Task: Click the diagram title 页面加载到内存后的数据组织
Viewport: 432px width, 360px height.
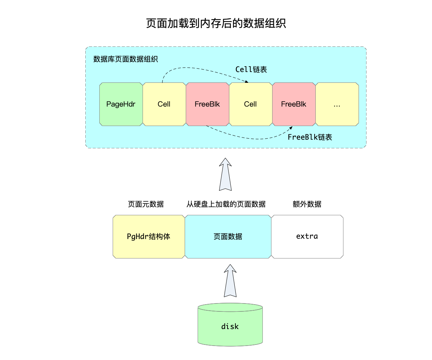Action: (x=216, y=24)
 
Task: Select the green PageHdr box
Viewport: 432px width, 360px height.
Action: (x=121, y=104)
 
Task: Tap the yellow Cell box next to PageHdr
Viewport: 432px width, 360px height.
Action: (x=164, y=104)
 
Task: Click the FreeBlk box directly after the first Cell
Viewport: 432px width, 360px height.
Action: (x=207, y=104)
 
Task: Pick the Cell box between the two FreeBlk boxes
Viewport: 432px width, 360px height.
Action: (x=251, y=104)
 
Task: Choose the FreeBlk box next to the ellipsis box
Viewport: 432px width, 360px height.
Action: (x=294, y=104)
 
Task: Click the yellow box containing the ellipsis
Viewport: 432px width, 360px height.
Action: (x=337, y=104)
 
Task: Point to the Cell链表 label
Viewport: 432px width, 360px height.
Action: (x=251, y=69)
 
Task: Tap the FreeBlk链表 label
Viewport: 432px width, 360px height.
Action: (x=310, y=137)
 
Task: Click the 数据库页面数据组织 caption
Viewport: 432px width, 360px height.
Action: (x=126, y=59)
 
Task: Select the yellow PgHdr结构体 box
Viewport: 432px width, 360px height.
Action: (x=149, y=237)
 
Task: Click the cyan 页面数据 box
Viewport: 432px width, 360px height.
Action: (x=228, y=237)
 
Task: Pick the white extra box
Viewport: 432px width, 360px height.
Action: (x=307, y=237)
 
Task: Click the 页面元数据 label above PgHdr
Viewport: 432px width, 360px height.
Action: (x=146, y=204)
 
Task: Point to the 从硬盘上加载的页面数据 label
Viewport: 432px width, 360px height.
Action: (x=226, y=204)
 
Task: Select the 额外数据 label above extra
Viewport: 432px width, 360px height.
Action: (x=307, y=204)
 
